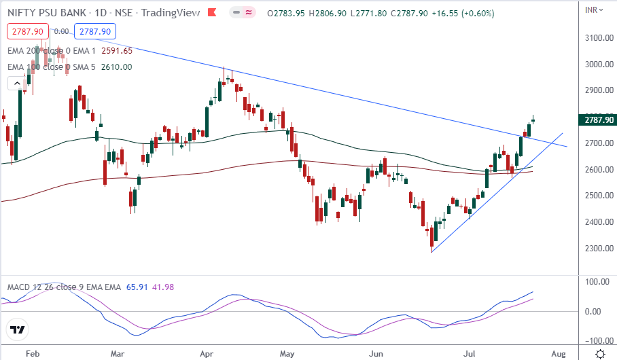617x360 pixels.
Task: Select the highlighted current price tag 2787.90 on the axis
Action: click(598, 120)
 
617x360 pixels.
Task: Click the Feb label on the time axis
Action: click(31, 354)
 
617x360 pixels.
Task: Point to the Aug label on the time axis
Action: click(558, 354)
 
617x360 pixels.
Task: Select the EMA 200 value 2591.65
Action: click(117, 50)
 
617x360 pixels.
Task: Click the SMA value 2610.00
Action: click(117, 67)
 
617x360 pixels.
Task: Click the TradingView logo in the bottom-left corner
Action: click(18, 331)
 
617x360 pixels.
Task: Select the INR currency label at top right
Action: click(593, 9)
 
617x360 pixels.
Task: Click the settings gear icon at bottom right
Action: click(601, 354)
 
